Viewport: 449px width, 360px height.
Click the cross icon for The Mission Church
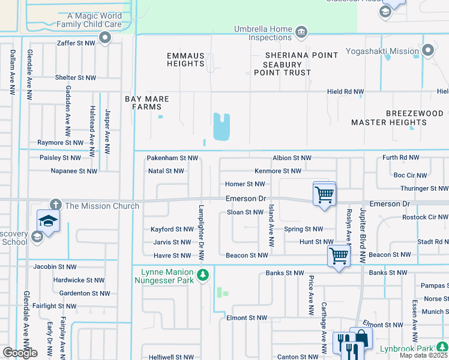coord(56,205)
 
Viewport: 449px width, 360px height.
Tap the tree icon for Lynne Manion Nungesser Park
coord(203,275)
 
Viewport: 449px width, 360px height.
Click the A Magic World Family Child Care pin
coord(106,38)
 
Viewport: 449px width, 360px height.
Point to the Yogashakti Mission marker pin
coord(427,51)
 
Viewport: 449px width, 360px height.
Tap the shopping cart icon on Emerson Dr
coord(324,194)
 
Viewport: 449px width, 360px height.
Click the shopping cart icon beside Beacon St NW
coord(339,256)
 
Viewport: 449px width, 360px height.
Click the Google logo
coord(20,353)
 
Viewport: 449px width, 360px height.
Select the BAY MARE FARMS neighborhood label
coord(147,103)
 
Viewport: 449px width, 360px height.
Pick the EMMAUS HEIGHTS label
coord(185,59)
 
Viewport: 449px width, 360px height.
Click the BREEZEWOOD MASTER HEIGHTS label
coord(397,118)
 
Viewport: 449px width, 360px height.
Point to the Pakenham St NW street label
coord(172,158)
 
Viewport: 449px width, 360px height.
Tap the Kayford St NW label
coord(172,229)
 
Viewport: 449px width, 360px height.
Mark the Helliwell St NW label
coord(172,357)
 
